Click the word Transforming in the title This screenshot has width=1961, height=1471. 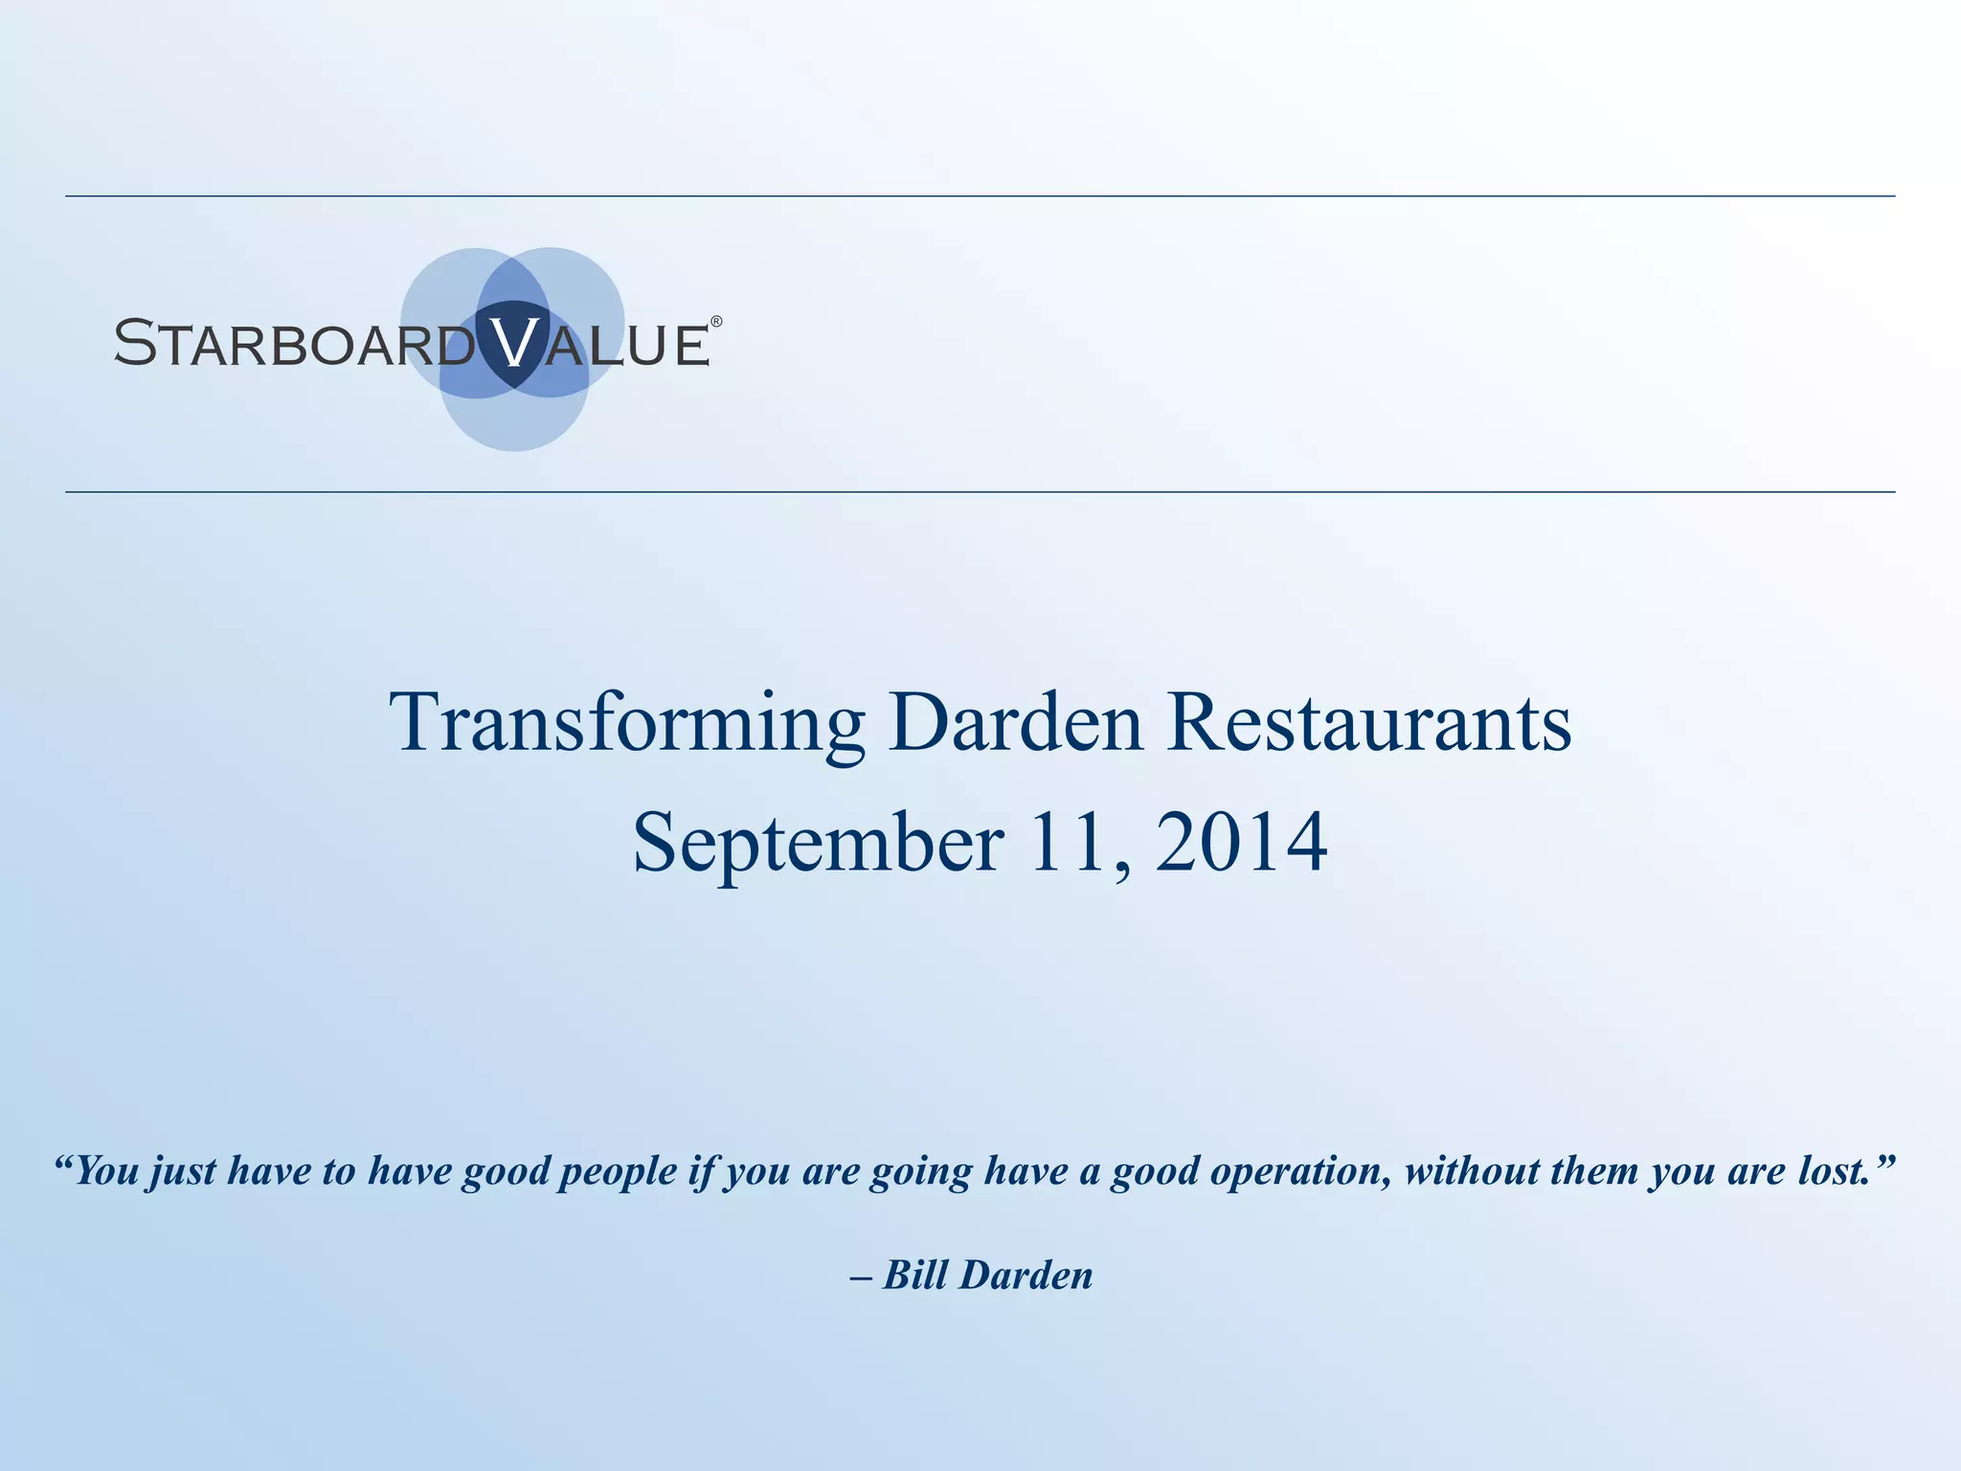tap(627, 724)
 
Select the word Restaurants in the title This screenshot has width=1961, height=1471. tap(1370, 722)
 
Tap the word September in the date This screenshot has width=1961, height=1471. tap(819, 843)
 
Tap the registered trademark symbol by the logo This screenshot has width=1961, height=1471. tap(715, 322)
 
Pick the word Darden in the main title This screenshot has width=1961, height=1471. tap(1015, 722)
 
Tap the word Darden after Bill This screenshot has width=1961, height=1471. tap(1026, 1275)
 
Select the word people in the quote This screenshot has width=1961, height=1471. tap(618, 1171)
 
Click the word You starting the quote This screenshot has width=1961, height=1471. tap(107, 1171)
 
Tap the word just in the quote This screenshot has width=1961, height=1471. tap(183, 1171)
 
